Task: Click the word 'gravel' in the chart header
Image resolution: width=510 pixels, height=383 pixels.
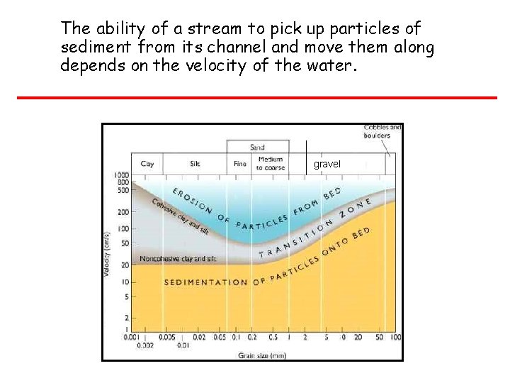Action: click(327, 164)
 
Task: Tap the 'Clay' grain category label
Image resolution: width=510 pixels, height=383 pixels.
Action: click(147, 164)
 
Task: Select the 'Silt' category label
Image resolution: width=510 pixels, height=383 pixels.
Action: click(195, 164)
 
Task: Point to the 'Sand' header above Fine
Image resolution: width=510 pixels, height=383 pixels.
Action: click(257, 147)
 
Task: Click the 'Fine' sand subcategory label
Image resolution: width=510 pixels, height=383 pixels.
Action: click(240, 164)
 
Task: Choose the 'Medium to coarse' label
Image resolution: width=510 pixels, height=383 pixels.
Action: click(271, 164)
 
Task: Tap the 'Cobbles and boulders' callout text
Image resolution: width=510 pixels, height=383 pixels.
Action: click(382, 131)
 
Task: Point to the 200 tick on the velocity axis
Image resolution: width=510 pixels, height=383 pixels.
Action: click(123, 212)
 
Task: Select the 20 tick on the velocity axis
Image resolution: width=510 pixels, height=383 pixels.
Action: click(124, 264)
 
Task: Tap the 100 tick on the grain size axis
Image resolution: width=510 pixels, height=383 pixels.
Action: click(395, 337)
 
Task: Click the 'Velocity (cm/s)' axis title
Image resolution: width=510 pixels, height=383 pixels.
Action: click(107, 253)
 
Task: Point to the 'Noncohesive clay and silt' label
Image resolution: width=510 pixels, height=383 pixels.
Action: click(178, 259)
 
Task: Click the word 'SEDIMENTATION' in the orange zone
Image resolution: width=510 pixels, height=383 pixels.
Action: click(206, 282)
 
